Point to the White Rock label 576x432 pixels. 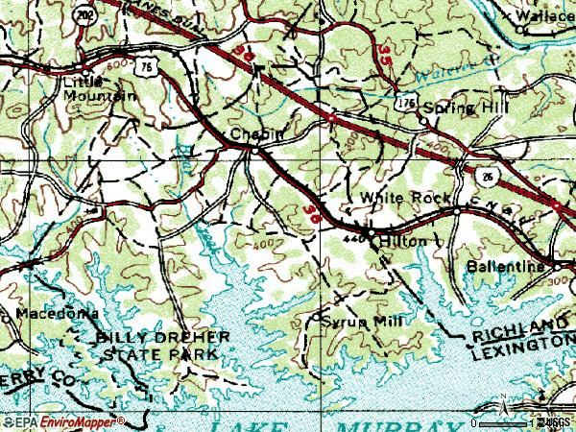coord(405,198)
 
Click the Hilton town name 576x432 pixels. coord(401,242)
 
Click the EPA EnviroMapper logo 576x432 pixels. coord(62,420)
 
